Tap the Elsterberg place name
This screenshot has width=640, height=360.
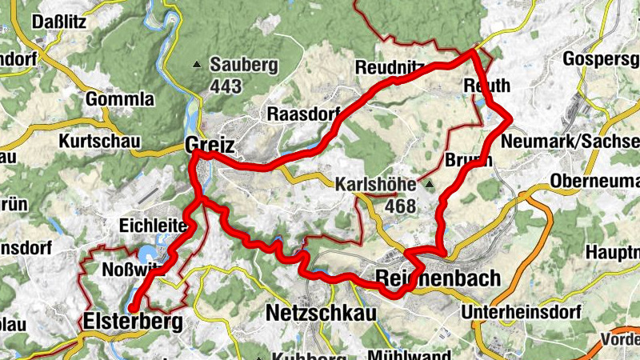132,322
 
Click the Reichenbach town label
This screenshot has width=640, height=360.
438,279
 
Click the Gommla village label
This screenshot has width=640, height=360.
119,100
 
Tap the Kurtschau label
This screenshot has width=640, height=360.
99,142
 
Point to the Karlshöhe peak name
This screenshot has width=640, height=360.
376,184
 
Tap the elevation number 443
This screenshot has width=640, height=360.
226,86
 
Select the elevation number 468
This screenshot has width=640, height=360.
400,206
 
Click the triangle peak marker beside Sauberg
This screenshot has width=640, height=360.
197,64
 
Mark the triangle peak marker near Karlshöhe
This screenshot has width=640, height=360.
430,185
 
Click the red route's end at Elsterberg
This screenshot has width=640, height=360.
133,306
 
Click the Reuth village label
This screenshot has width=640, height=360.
486,86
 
